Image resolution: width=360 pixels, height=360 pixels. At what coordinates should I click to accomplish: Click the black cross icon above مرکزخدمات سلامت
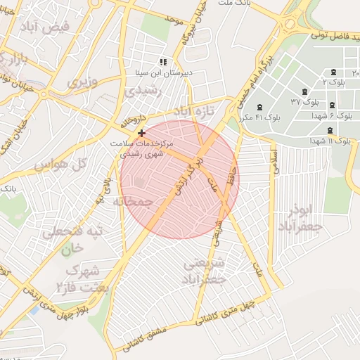coord(142,132)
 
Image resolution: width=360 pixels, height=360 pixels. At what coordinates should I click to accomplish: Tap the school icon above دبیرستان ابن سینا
coord(163,63)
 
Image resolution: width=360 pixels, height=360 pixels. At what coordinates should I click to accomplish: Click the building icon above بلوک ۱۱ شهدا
coord(330,129)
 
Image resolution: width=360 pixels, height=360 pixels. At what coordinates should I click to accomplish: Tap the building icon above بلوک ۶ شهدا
coord(332,105)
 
